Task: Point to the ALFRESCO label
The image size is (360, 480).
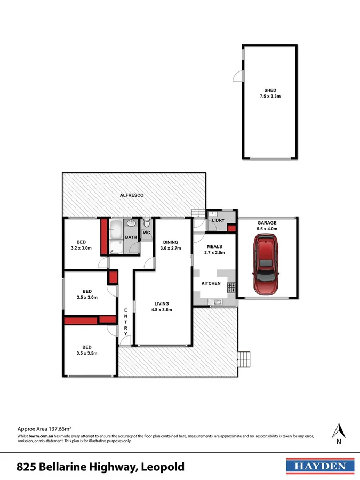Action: pos(131,195)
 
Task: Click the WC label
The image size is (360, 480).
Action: pos(146,233)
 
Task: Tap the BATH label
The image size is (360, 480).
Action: pos(131,237)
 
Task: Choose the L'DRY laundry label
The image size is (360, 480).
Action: pos(218,220)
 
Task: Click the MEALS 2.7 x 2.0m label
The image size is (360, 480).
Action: pos(214,250)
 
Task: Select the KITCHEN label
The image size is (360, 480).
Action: pos(211,283)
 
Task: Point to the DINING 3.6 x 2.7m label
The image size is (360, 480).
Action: pos(171,245)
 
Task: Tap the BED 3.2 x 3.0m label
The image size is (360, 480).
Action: pos(81,245)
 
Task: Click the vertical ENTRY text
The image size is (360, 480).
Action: pos(126,322)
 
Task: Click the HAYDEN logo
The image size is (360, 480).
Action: pos(320,466)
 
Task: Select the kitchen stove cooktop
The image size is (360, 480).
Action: pos(231,288)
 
